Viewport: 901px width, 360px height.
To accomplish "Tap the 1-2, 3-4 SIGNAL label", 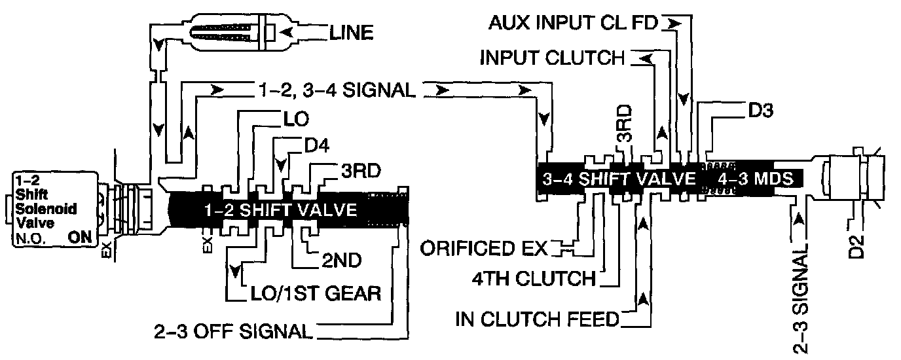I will click(335, 91).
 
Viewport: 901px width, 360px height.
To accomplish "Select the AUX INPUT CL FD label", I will click(576, 24).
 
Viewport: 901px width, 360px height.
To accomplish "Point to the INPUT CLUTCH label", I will click(552, 58).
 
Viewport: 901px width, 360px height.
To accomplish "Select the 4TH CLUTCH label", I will click(532, 279).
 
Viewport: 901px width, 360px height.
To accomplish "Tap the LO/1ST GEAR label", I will click(316, 293).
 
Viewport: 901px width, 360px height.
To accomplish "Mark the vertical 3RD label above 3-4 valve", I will click(625, 131).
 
